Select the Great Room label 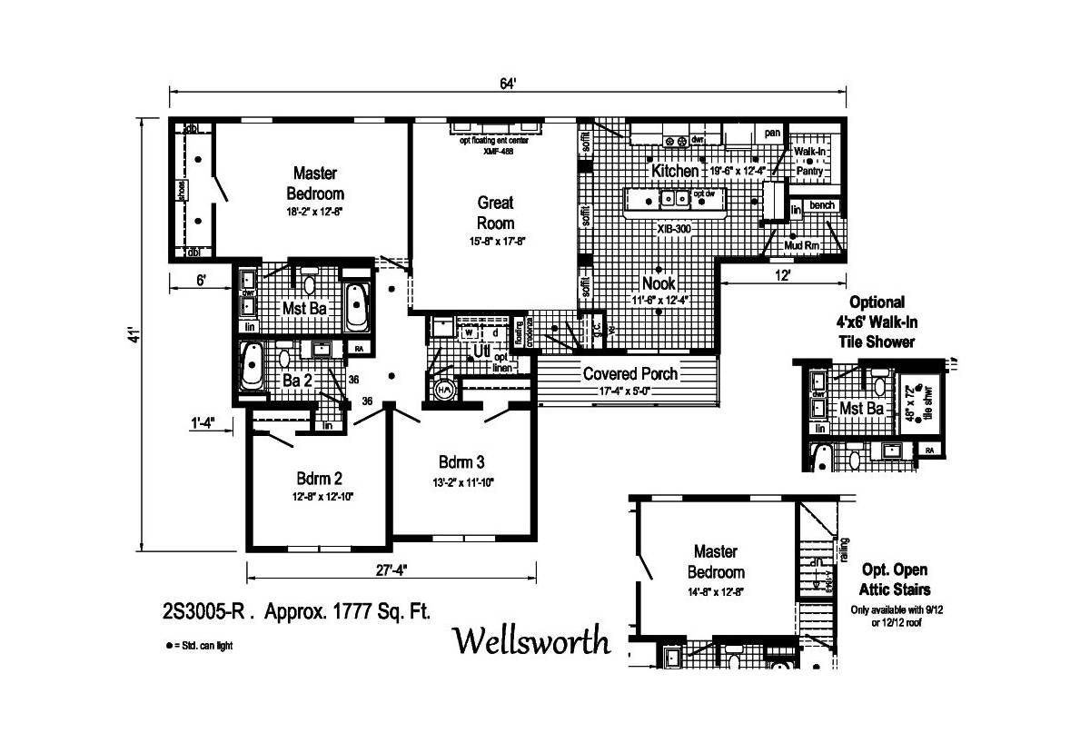click(496, 213)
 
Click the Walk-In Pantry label click(809, 161)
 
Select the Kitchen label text click(675, 171)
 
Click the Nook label click(659, 283)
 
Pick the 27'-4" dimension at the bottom click(391, 570)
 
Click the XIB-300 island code click(674, 229)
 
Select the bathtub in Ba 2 click(252, 366)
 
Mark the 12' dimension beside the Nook click(782, 272)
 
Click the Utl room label click(481, 350)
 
